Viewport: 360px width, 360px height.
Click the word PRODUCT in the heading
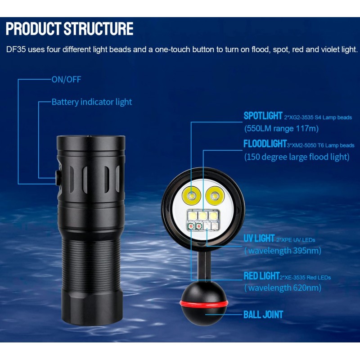coord(33,29)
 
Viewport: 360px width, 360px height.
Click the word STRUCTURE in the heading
coord(99,29)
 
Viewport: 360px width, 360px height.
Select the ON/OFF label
coord(66,80)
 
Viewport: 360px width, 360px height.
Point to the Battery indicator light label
coord(92,102)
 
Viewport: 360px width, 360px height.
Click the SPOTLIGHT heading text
coord(263,116)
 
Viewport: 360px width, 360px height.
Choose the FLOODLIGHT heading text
coord(265,144)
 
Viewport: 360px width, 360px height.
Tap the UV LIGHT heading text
coord(259,238)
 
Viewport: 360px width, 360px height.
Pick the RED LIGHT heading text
coord(261,276)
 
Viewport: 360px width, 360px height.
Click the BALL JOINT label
coord(263,315)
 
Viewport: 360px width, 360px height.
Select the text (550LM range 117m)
coord(282,128)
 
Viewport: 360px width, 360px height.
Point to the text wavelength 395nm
coord(285,251)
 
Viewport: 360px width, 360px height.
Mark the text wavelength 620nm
coord(285,288)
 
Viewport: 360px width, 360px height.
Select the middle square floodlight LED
coord(203,216)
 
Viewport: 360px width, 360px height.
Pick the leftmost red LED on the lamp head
coord(191,227)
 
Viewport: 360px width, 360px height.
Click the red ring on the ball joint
coord(204,303)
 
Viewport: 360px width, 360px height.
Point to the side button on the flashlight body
coord(58,177)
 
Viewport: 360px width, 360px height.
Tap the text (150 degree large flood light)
coord(297,157)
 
